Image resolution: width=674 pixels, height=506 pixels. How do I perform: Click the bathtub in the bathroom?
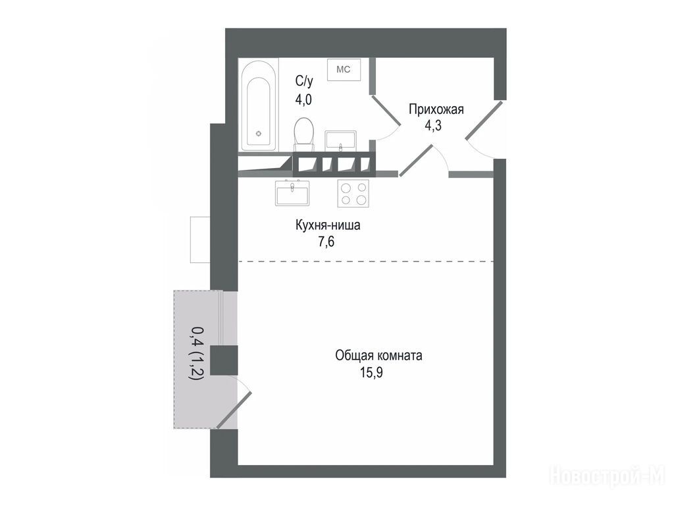tap(258, 105)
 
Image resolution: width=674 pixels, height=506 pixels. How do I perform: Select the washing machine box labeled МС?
tap(344, 69)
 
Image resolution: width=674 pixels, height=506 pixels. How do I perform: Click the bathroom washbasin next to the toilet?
tap(340, 141)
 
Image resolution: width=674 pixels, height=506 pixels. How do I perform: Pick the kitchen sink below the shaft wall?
tap(292, 192)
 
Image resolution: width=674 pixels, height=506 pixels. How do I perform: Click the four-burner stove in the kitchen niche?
tap(353, 193)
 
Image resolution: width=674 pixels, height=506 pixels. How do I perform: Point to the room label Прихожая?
tap(436, 109)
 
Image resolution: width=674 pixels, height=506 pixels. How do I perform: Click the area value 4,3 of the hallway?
tap(433, 126)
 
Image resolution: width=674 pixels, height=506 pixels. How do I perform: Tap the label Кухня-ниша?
tap(328, 225)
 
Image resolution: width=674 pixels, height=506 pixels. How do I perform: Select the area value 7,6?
tap(326, 242)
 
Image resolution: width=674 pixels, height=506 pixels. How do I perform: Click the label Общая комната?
tap(378, 356)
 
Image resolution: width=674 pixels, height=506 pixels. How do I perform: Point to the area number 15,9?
tap(371, 372)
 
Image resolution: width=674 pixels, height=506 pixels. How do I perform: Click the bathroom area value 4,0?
tap(303, 99)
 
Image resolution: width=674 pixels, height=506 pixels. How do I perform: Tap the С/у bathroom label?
tap(304, 81)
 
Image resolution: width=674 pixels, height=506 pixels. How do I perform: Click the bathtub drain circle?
tap(258, 133)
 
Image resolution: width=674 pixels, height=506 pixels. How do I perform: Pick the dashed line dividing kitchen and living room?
tap(365, 261)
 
